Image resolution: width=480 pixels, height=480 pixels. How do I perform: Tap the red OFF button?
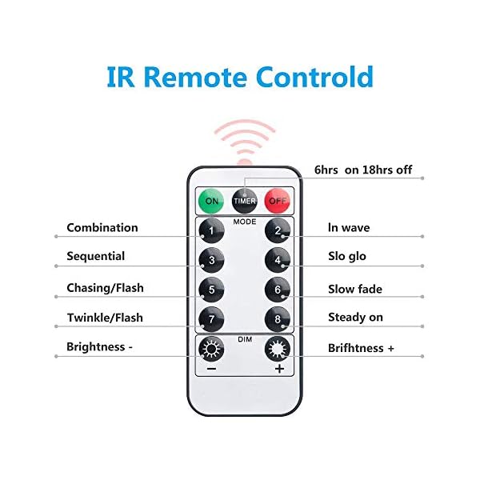tap(278, 201)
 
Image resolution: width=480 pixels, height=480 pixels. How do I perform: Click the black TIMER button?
tap(244, 201)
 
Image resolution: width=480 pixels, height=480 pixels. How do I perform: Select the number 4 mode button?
tap(278, 260)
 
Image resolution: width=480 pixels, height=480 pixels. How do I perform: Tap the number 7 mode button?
tap(211, 319)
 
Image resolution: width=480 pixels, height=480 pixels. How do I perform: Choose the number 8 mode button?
tap(278, 319)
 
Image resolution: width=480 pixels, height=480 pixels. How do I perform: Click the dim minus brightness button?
tap(211, 353)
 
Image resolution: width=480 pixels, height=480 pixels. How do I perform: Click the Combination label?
tap(102, 228)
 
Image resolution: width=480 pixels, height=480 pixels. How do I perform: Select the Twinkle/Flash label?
tap(105, 318)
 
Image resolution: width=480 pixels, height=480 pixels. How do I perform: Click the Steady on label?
tap(355, 318)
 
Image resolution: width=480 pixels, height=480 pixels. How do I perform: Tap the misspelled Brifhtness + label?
tap(361, 349)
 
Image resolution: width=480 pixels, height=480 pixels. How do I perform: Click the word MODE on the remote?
tap(245, 220)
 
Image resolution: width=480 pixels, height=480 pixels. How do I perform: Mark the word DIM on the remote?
tap(245, 338)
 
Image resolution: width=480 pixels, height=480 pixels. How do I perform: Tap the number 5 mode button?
tap(211, 290)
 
